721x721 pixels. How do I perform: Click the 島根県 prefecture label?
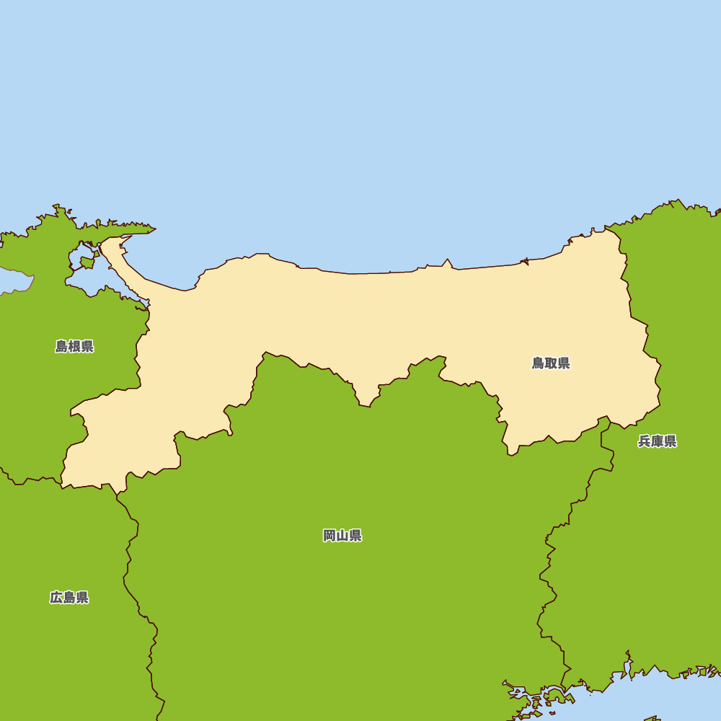click(74, 347)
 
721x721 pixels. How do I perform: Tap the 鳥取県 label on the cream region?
click(551, 363)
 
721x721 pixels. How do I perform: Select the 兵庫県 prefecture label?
click(657, 441)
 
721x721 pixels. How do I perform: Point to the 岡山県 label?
click(342, 536)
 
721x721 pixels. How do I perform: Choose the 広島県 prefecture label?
click(69, 598)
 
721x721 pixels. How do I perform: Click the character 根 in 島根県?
click(74, 347)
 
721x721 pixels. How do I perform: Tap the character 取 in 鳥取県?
click(551, 363)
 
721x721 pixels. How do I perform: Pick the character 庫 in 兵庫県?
click(657, 441)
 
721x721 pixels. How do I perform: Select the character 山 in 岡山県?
click(342, 536)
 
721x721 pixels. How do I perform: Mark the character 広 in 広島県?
click(56, 598)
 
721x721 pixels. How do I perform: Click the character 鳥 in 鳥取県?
click(539, 363)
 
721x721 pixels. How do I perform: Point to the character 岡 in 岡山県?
click(329, 536)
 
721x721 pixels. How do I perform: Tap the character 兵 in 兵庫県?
click(645, 441)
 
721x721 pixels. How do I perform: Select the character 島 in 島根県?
click(62, 347)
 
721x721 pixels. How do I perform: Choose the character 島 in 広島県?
click(69, 598)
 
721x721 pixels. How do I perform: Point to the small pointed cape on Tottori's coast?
click(447, 263)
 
